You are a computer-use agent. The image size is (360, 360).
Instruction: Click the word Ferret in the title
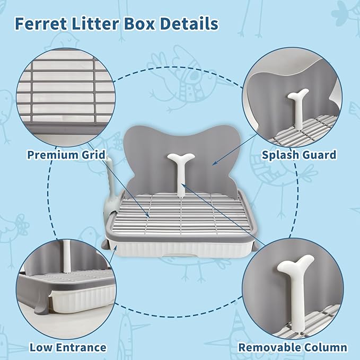[41, 24]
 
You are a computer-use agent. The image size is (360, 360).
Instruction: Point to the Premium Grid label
[66, 155]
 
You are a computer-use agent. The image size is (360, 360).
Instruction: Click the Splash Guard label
[299, 155]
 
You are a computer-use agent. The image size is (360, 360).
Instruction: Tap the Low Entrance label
[68, 347]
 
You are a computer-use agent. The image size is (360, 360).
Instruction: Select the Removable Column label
[293, 347]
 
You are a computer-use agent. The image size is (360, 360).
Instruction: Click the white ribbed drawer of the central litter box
[181, 249]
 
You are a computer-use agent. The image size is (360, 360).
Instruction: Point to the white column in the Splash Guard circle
[298, 108]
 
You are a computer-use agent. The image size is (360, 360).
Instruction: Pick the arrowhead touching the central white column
[183, 185]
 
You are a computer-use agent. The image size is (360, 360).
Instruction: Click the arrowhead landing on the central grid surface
[148, 216]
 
